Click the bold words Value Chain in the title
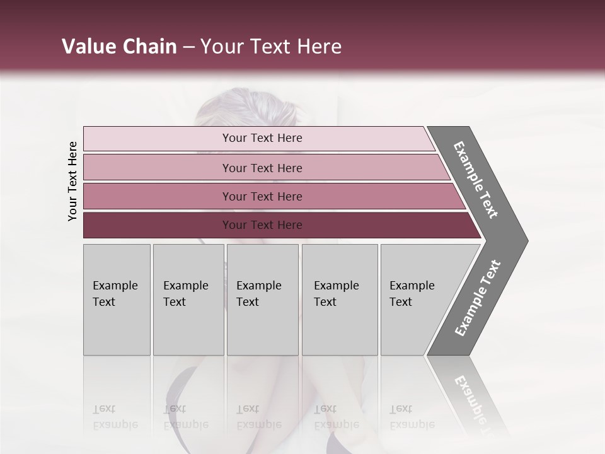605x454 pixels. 119,47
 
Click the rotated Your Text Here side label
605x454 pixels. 72,181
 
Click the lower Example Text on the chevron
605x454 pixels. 477,298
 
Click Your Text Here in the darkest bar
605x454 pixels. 262,225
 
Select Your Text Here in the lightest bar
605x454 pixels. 262,138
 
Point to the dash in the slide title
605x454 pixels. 188,47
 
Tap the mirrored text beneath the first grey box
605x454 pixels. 115,417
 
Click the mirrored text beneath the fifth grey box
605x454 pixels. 412,417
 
